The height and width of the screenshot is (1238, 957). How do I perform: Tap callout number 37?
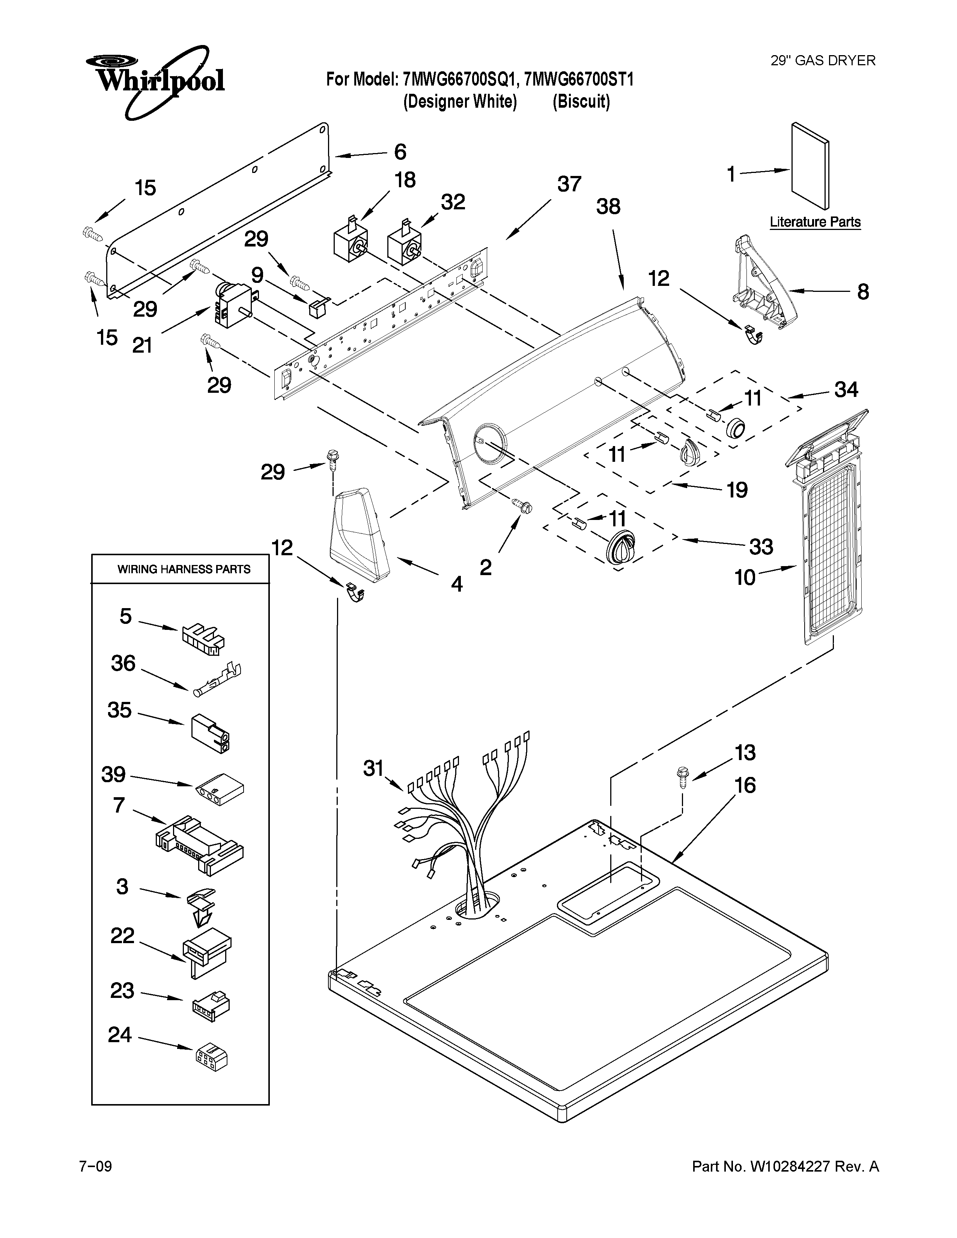click(569, 184)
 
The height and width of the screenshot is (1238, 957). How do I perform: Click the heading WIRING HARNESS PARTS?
click(184, 569)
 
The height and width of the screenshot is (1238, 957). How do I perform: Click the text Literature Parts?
click(815, 222)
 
